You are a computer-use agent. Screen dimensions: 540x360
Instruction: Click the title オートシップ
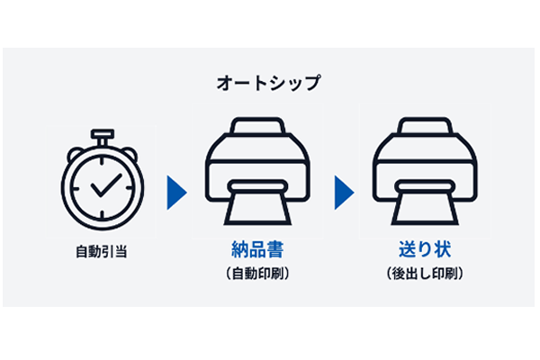point(269,83)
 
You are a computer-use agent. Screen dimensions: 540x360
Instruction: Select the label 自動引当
point(101,251)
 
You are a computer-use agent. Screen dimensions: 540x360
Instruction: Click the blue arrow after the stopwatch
point(176,191)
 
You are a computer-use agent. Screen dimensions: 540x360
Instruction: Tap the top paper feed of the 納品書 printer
point(258,126)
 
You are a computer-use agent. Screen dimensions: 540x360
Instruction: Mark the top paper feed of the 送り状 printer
point(424,126)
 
